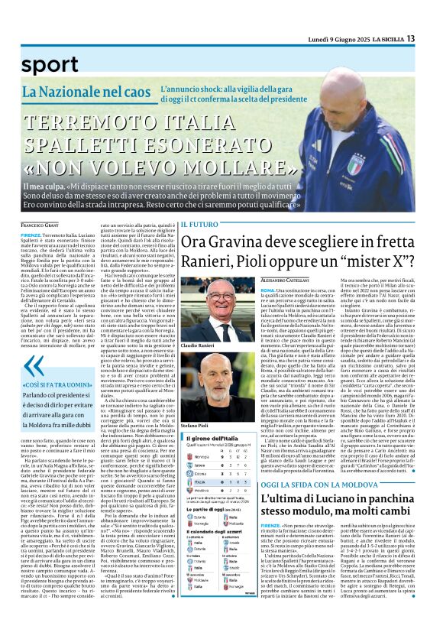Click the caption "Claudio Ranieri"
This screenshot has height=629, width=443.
click(197, 345)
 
